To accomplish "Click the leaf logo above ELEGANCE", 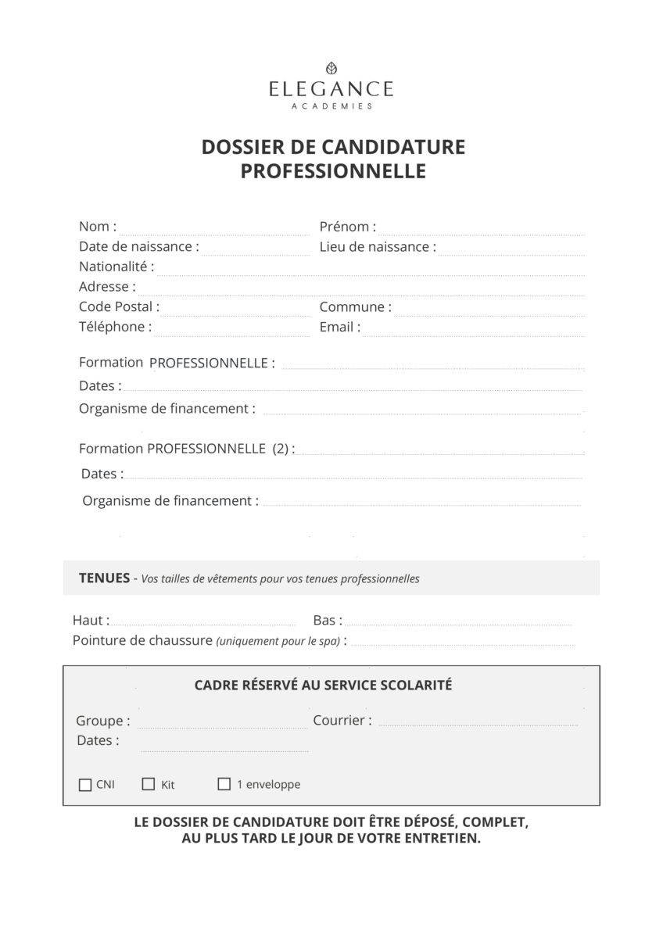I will (x=331, y=68).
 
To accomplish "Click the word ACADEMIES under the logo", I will (x=331, y=106).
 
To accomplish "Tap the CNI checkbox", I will (x=85, y=785).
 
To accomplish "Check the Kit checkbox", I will (x=149, y=784).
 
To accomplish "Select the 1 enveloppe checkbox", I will (x=224, y=784).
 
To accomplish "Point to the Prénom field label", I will (x=347, y=227).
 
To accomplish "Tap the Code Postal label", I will (x=119, y=306).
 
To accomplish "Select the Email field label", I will (x=339, y=327).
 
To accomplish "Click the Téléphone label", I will (x=115, y=327).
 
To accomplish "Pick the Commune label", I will (x=355, y=307).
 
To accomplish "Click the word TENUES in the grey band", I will (x=104, y=578).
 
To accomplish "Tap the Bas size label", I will (x=328, y=621).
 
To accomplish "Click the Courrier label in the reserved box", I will (x=342, y=721).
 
